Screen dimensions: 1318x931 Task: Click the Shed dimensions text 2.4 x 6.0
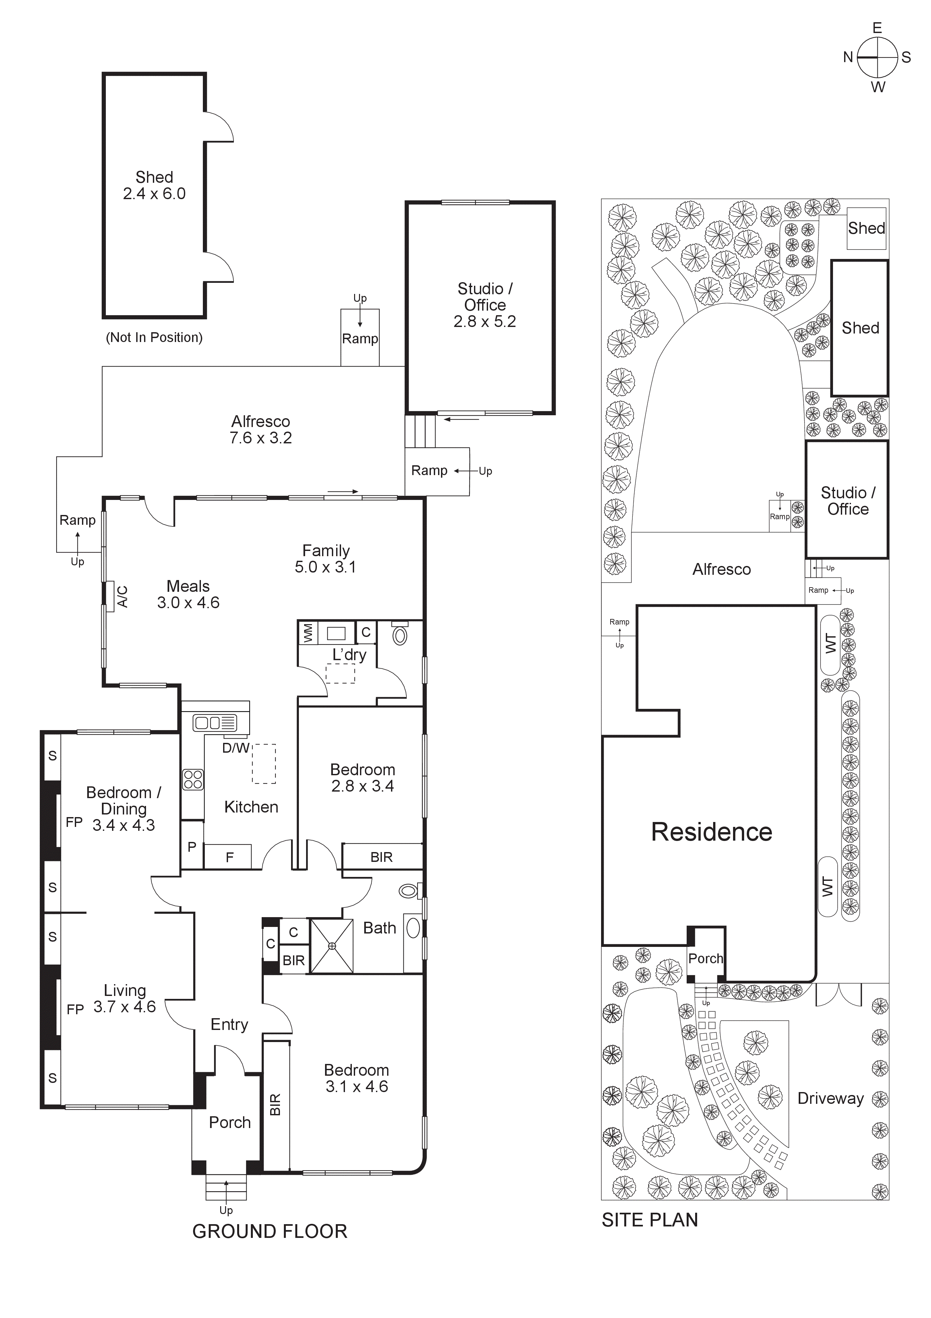click(154, 194)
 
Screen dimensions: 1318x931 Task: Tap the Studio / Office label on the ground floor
click(485, 297)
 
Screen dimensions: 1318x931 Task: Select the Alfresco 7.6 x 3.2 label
click(260, 429)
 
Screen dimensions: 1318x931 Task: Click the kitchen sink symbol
click(215, 722)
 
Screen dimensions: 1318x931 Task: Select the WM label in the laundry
click(308, 633)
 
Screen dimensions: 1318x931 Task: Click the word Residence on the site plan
click(711, 832)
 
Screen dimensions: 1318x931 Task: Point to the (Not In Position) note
click(154, 337)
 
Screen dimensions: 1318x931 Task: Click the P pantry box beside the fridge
click(192, 847)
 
